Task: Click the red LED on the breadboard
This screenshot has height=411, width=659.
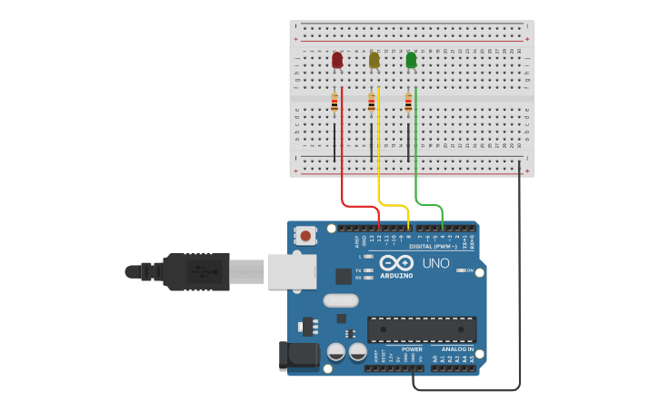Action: (x=337, y=60)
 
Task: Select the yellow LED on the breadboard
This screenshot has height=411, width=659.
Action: (x=374, y=60)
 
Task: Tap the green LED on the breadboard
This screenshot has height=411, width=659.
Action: (x=411, y=60)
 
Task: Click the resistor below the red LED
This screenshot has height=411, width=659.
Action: (x=334, y=103)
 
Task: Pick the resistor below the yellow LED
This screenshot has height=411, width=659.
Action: (x=371, y=103)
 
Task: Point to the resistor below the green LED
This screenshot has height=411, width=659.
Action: (x=408, y=103)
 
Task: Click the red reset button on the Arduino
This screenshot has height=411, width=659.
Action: (x=306, y=236)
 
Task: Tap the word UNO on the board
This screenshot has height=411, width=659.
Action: (x=435, y=263)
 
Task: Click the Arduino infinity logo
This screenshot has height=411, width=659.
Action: (x=403, y=263)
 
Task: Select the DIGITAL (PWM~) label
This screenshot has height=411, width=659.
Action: (x=433, y=246)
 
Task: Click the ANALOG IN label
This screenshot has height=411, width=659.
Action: (x=457, y=348)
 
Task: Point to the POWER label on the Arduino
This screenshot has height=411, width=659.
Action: (x=412, y=348)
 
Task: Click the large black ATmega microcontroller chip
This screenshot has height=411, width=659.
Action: (x=421, y=329)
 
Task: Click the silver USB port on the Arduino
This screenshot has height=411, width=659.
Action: (x=291, y=271)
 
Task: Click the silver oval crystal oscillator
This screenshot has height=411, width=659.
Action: (x=340, y=300)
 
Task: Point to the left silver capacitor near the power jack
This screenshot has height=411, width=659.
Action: (x=335, y=351)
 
